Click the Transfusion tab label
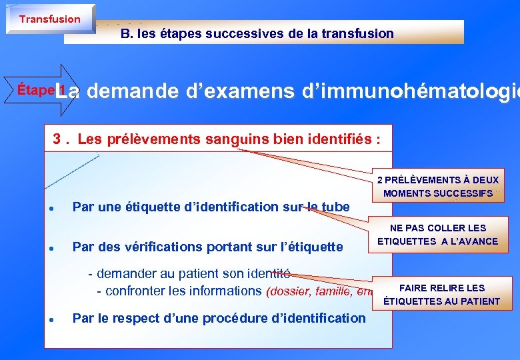coord(49,19)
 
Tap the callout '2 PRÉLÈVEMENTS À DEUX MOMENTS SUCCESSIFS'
coord(437,187)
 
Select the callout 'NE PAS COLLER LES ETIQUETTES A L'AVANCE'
coord(437,235)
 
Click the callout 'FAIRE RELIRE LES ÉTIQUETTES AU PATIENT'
coord(441,295)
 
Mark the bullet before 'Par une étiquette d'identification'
coord(51,207)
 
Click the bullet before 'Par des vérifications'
coord(51,247)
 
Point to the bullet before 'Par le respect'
coord(51,319)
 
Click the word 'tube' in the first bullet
coord(335,207)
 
